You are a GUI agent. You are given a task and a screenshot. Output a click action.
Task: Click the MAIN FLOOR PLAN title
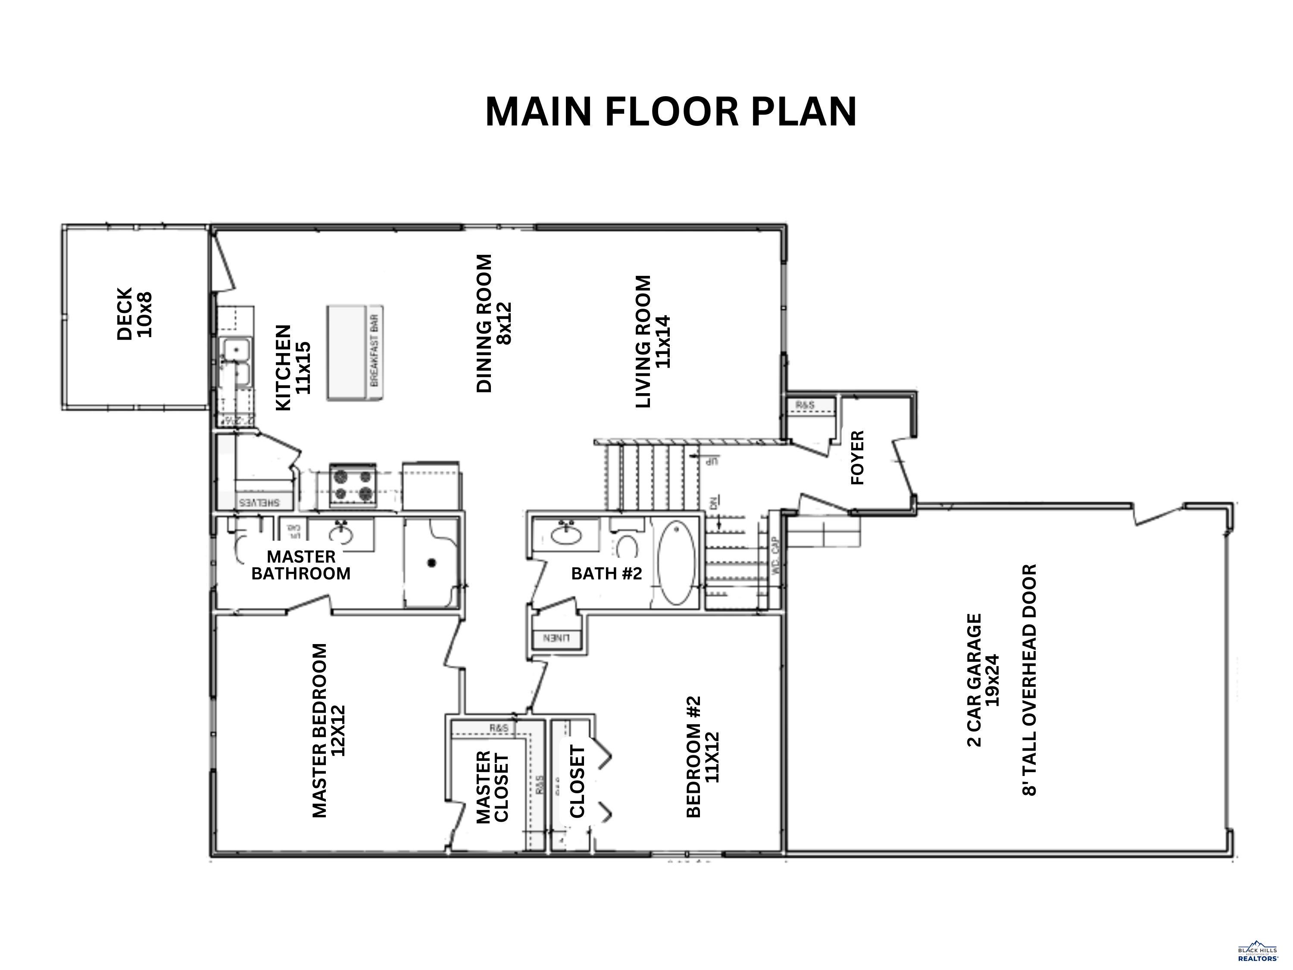coord(671,112)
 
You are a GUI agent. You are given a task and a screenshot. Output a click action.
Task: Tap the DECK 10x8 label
coord(134,313)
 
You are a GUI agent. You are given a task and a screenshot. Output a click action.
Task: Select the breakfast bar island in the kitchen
coord(354,353)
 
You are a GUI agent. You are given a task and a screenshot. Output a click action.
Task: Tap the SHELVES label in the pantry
coord(259,502)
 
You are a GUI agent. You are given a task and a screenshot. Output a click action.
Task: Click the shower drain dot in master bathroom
coord(431,563)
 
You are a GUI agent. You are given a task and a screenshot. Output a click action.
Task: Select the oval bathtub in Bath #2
coord(677,563)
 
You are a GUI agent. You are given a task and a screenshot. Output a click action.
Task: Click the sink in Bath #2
coord(566,533)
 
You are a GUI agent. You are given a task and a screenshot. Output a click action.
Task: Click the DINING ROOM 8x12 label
coord(494,323)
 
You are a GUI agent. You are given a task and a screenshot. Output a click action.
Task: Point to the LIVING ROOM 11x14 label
coord(653,341)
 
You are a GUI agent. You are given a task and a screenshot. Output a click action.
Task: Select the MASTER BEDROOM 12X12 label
coord(329,731)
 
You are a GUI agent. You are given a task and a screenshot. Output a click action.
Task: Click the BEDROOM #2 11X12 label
coord(703,757)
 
